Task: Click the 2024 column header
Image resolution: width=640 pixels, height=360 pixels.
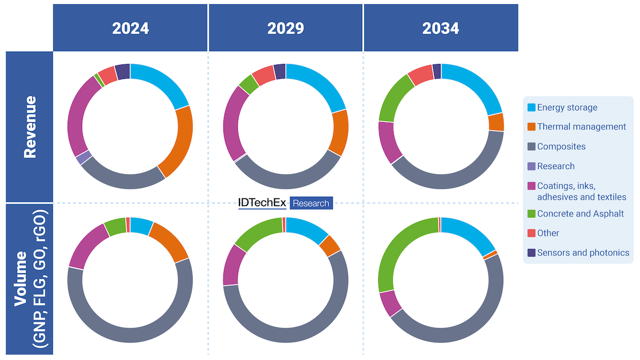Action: (x=130, y=28)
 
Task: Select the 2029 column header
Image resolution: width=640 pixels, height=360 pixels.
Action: (x=285, y=28)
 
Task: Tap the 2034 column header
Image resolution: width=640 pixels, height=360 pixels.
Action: (x=441, y=28)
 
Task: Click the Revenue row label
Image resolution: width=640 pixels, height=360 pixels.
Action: (x=29, y=126)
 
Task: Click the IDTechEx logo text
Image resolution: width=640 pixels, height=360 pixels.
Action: (x=262, y=203)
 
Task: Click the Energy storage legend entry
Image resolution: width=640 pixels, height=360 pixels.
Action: (x=567, y=107)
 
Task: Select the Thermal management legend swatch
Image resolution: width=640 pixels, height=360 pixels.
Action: (x=531, y=127)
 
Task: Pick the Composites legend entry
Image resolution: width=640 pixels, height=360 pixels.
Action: (x=561, y=146)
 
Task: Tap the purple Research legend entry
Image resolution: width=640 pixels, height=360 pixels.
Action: (x=556, y=166)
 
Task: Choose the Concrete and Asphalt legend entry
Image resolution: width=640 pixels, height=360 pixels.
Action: (x=580, y=213)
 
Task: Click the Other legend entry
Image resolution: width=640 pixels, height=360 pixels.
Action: (x=548, y=233)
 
